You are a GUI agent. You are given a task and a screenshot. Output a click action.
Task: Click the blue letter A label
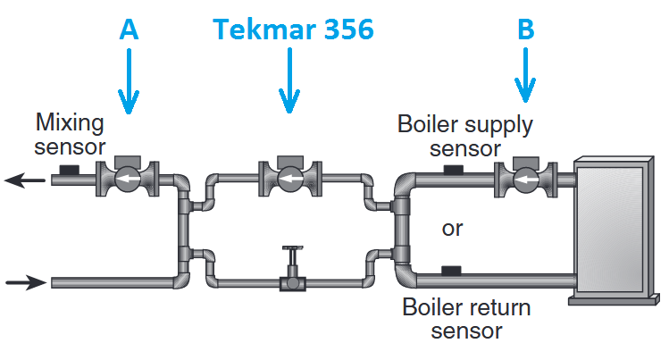coord(130,29)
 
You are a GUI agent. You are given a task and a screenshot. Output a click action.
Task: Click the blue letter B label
coord(526,29)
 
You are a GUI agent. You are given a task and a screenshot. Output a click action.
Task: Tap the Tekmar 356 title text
coord(293,29)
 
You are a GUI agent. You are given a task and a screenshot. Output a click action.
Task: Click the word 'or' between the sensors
coord(453,229)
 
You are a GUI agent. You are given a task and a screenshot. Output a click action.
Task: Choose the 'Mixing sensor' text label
coord(70,133)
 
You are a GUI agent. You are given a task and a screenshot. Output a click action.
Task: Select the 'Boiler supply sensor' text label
coord(464,135)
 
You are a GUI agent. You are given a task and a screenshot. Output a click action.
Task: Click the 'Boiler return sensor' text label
coord(465,319)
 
